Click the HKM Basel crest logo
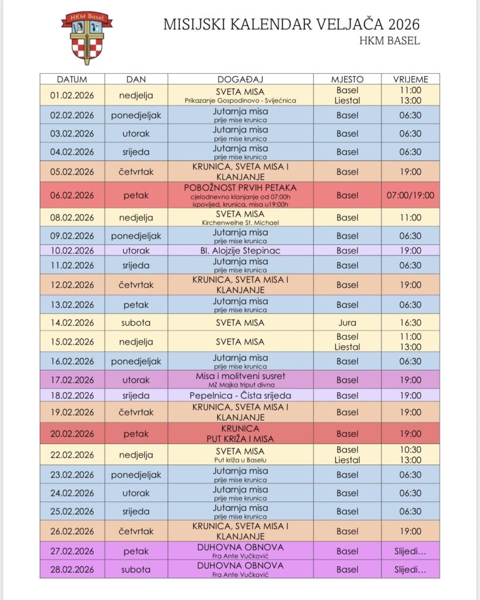(x=86, y=36)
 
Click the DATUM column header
(x=72, y=79)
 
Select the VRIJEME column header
(x=411, y=79)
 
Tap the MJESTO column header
(x=347, y=79)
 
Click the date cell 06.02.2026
(x=72, y=195)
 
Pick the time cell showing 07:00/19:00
(x=411, y=195)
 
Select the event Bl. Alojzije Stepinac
(x=241, y=250)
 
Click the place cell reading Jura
(x=347, y=322)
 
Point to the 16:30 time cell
(x=411, y=322)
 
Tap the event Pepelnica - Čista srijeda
(x=241, y=396)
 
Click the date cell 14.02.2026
(x=72, y=322)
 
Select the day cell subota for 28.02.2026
(x=136, y=569)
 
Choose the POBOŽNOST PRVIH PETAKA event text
(x=241, y=187)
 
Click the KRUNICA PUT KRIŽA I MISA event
(x=241, y=434)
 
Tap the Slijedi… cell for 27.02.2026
(x=411, y=551)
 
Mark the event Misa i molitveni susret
(x=241, y=376)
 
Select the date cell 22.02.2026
(x=72, y=455)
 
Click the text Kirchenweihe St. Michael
(x=241, y=223)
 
